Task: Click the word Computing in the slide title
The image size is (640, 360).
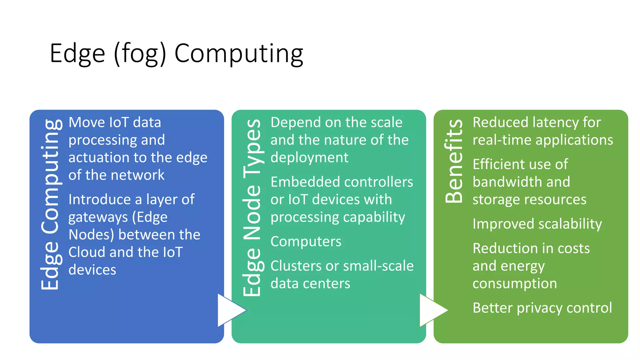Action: tap(239, 54)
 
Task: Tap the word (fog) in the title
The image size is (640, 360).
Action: tap(140, 54)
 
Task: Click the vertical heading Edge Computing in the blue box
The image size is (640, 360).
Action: tap(50, 205)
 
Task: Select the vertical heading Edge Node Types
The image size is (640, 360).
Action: tap(252, 207)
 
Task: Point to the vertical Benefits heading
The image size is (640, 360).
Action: tap(454, 161)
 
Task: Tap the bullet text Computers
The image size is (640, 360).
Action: tap(306, 242)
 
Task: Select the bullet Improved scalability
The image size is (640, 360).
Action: tap(537, 224)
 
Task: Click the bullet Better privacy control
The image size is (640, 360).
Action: tap(542, 308)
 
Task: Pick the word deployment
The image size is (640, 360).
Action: tap(309, 157)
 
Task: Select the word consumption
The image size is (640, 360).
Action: tap(514, 283)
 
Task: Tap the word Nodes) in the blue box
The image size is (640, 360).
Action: tap(91, 235)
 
